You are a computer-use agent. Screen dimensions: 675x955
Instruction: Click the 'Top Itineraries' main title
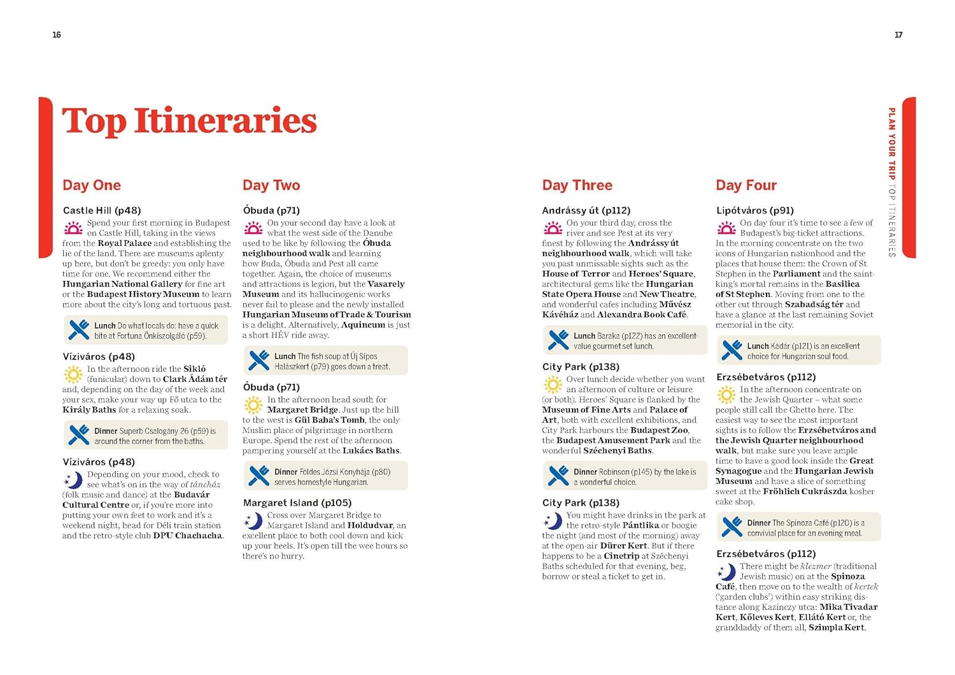[x=189, y=121]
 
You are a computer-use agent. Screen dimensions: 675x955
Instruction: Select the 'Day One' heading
[x=92, y=185]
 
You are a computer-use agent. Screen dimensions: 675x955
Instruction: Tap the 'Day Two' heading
[x=271, y=185]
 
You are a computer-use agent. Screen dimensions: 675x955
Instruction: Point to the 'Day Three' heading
[x=577, y=185]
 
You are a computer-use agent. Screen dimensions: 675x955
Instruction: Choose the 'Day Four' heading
[x=746, y=185]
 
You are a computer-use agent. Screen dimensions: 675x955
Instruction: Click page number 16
[x=57, y=35]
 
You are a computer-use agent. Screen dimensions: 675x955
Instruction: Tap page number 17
[x=898, y=35]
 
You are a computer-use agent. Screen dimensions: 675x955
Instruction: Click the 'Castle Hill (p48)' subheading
[x=102, y=210]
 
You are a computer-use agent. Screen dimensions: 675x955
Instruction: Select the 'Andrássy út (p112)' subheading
[x=586, y=210]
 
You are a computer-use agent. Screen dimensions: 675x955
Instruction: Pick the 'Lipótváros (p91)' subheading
[x=755, y=210]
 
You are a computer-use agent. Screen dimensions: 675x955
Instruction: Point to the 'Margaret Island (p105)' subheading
[x=297, y=502]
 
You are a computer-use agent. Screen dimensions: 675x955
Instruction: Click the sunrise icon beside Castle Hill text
[x=73, y=227]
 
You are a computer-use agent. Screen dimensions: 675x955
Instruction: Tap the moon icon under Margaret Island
[x=253, y=522]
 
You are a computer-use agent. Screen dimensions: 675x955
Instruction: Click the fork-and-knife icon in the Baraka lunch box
[x=558, y=341]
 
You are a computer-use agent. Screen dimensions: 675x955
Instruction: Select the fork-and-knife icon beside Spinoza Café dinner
[x=732, y=527]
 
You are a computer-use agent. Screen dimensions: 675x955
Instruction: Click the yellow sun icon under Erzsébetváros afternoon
[x=726, y=395]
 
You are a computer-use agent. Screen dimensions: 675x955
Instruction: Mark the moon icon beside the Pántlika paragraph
[x=552, y=522]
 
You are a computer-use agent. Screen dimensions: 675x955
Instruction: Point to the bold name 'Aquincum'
[x=363, y=325]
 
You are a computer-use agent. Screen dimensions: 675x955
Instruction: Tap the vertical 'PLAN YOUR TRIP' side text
[x=892, y=143]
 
